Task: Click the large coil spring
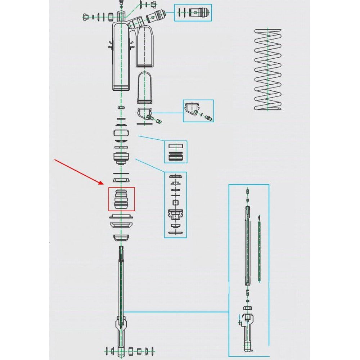click(268, 69)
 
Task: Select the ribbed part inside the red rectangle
click(121, 199)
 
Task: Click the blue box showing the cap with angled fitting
click(198, 111)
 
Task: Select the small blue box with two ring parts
click(176, 152)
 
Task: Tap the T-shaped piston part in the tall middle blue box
click(175, 215)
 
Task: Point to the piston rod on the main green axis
click(121, 281)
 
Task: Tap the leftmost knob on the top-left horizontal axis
click(86, 17)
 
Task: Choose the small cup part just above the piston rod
click(121, 238)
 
